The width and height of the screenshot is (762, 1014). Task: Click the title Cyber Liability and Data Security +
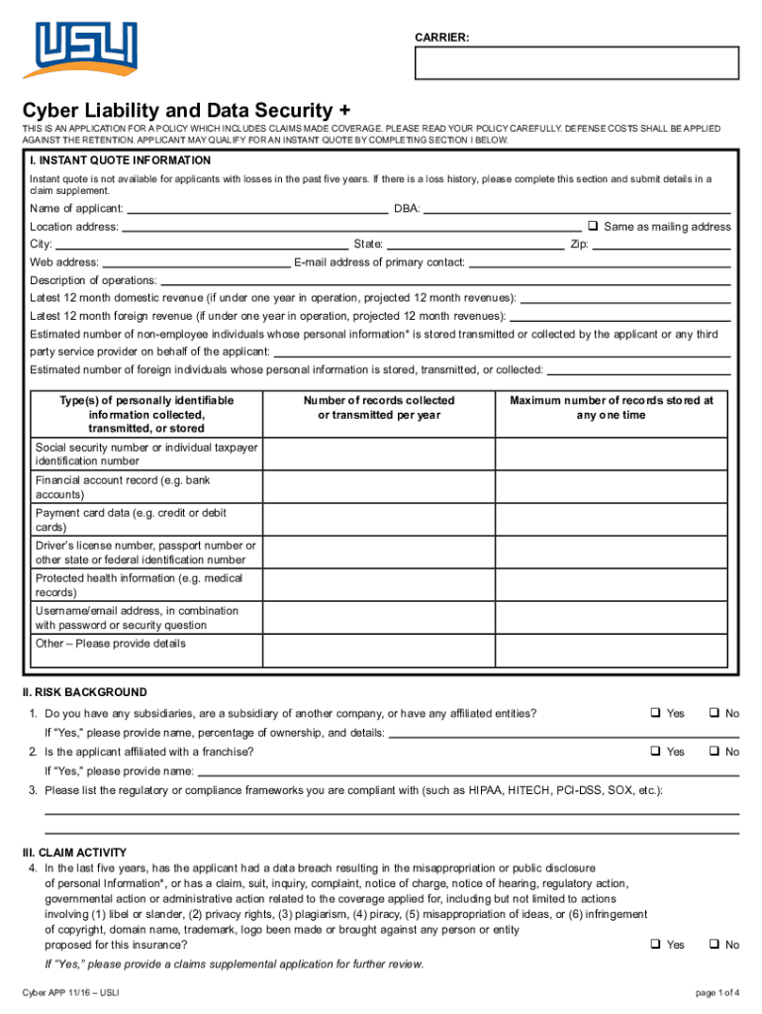pyautogui.click(x=186, y=109)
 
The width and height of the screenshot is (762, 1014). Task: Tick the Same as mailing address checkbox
pyautogui.click(x=594, y=226)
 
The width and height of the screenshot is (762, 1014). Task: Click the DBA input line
pyautogui.click(x=578, y=209)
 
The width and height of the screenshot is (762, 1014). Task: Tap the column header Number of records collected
pyautogui.click(x=379, y=407)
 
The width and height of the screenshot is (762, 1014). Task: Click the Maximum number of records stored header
pyautogui.click(x=611, y=407)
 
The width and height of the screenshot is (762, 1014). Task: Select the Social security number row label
pyautogui.click(x=146, y=455)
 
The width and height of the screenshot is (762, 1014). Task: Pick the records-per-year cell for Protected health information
pyautogui.click(x=379, y=585)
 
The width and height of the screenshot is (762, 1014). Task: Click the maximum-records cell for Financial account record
pyautogui.click(x=611, y=487)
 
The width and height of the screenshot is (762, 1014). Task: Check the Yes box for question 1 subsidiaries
pyautogui.click(x=655, y=713)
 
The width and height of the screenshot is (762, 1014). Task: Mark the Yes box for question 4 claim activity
pyautogui.click(x=655, y=945)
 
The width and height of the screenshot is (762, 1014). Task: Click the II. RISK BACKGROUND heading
pyautogui.click(x=85, y=692)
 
